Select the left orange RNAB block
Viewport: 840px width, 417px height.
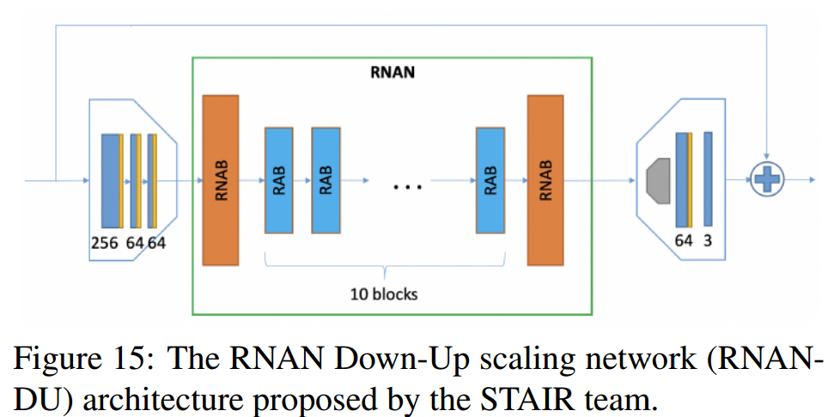[x=220, y=180]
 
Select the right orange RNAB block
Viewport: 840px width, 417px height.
[x=545, y=180]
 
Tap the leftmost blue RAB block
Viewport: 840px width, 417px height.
[x=280, y=180]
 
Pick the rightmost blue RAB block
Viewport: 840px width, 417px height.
[x=490, y=180]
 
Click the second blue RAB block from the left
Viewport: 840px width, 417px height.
[x=326, y=180]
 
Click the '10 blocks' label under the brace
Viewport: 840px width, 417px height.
[x=384, y=293]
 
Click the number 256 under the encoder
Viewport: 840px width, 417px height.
[x=105, y=243]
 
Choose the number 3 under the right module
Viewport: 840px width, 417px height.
[x=709, y=241]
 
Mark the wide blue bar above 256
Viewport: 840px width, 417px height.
[x=110, y=180]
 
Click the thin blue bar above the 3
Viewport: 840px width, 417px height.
[x=709, y=180]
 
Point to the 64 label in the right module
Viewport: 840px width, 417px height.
[x=684, y=241]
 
